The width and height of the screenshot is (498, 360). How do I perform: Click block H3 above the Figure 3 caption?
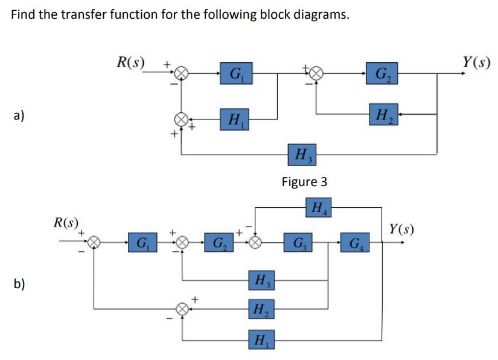[299, 155]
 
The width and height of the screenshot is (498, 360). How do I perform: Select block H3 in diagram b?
[261, 281]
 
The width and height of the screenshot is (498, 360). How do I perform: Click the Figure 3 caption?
[304, 182]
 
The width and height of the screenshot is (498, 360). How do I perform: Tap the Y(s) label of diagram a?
[476, 62]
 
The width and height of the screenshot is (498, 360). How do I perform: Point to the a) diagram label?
[20, 115]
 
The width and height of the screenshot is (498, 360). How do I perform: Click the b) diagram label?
[20, 284]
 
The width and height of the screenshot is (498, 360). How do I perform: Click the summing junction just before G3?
[256, 243]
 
